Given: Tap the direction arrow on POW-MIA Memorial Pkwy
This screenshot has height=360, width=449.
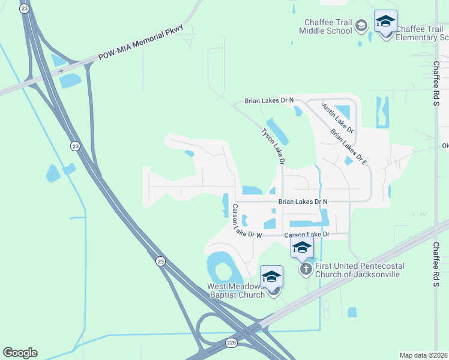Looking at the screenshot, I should pyautogui.click(x=62, y=70).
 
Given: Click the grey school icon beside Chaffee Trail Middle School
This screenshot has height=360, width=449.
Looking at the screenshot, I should pyautogui.click(x=361, y=25).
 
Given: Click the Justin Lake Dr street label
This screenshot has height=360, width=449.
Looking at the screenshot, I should pyautogui.click(x=337, y=117).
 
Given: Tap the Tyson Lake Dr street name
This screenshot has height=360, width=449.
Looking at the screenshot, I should pyautogui.click(x=273, y=146).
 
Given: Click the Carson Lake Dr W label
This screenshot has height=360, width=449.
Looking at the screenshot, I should pyautogui.click(x=247, y=223).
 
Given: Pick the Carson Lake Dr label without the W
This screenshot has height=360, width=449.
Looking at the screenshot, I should pyautogui.click(x=307, y=234).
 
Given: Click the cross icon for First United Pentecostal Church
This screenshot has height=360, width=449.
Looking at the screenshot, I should pyautogui.click(x=306, y=269).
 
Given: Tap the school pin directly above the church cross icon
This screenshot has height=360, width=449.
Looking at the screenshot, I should pyautogui.click(x=302, y=247).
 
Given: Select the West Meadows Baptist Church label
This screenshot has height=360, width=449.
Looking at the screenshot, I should pyautogui.click(x=236, y=290).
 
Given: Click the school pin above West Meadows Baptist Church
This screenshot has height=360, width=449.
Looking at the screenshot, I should pyautogui.click(x=271, y=277).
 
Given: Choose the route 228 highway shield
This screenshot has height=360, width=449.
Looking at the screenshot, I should pyautogui.click(x=232, y=342).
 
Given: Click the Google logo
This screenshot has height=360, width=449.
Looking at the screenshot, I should pyautogui.click(x=20, y=352).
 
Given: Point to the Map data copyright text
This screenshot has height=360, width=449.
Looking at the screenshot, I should pyautogui.click(x=423, y=355).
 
